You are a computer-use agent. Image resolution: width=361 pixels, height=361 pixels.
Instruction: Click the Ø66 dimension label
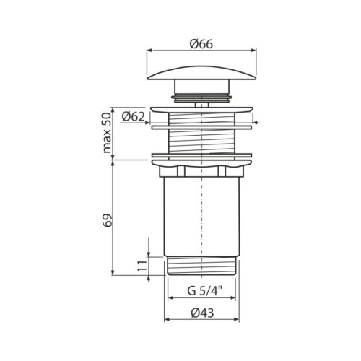click(x=201, y=44)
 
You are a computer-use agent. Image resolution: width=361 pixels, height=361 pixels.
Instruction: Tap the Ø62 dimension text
click(x=134, y=117)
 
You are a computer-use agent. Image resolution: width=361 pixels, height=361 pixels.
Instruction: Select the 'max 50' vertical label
click(x=107, y=133)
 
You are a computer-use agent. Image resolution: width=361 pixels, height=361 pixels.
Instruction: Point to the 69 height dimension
click(x=108, y=220)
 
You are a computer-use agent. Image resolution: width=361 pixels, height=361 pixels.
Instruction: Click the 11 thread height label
click(x=142, y=266)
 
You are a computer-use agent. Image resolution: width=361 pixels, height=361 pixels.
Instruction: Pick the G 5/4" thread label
click(x=204, y=291)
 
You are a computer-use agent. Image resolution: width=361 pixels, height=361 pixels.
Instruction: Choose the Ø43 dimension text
click(x=202, y=313)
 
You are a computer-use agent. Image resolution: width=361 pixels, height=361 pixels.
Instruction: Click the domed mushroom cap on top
click(x=201, y=73)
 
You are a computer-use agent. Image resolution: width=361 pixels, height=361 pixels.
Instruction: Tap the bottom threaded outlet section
click(x=201, y=266)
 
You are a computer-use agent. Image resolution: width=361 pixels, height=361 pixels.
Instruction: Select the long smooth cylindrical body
click(x=201, y=217)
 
